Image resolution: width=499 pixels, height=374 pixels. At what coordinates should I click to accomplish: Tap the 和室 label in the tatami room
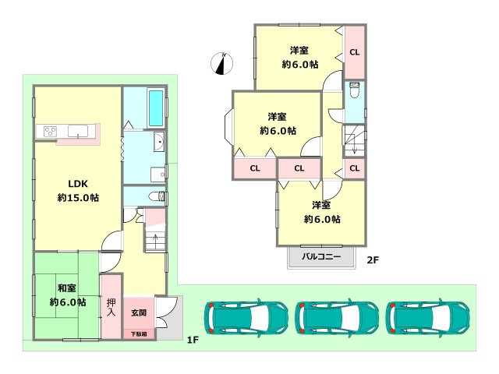(67, 287)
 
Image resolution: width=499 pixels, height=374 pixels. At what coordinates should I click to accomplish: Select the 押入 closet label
(111, 305)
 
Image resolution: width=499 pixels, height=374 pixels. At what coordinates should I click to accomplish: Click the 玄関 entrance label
(138, 312)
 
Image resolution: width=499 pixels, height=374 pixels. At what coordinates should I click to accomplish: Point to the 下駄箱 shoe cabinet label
(138, 333)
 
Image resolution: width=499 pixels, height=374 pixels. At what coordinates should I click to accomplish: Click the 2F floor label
(373, 259)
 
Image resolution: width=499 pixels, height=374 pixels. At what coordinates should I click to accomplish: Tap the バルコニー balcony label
(320, 256)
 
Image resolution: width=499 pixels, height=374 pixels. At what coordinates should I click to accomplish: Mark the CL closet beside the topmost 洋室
(354, 53)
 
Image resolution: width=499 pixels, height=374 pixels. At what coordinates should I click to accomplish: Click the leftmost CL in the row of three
(255, 168)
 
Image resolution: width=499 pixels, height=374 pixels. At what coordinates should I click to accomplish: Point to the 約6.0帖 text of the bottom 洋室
(321, 219)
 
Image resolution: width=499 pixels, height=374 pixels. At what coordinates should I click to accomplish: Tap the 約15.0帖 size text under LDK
(77, 198)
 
